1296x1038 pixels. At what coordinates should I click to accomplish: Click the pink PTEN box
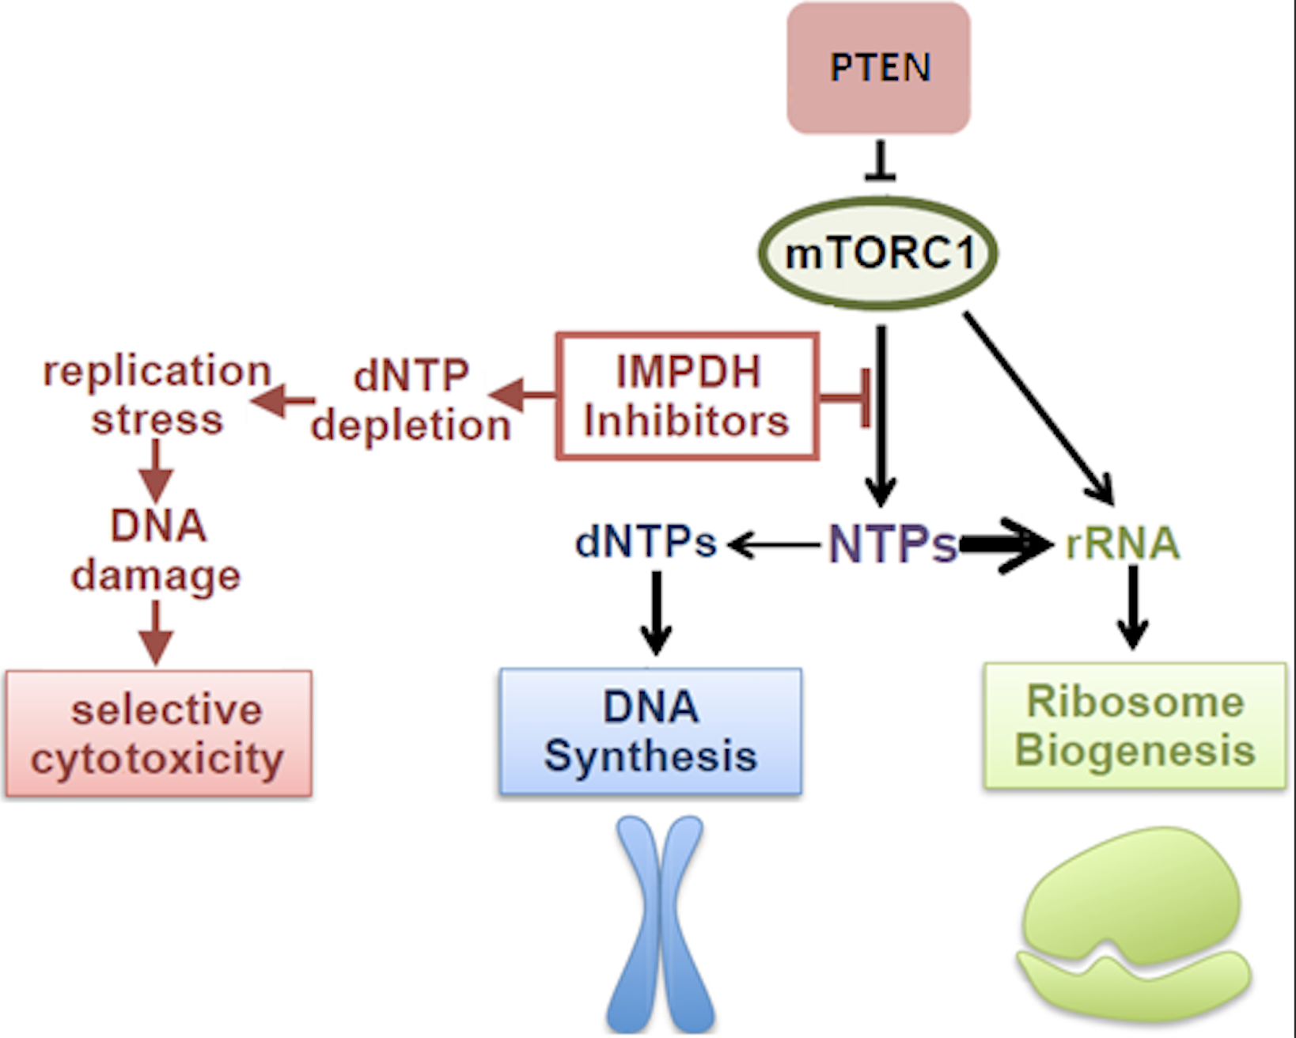tap(878, 68)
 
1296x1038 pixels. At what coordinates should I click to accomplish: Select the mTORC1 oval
tap(878, 253)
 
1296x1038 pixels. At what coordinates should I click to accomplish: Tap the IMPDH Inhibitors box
tap(687, 396)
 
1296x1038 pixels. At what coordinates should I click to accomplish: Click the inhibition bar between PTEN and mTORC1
tap(880, 163)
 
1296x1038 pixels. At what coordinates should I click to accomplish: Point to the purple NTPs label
tap(892, 544)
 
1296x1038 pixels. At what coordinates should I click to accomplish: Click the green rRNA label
tap(1122, 544)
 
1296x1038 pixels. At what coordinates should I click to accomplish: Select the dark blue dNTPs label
tap(646, 543)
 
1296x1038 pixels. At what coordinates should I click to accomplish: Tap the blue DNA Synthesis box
tap(650, 731)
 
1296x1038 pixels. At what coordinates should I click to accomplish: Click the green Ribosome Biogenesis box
tap(1135, 726)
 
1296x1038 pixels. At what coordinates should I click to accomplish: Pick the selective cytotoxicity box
tap(158, 733)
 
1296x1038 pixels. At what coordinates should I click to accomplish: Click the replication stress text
tap(157, 395)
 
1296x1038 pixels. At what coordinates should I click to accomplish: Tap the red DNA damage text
tap(157, 551)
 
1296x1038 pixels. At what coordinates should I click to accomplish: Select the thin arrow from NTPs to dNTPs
tap(774, 544)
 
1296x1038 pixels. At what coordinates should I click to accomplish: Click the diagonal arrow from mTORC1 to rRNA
tap(1038, 407)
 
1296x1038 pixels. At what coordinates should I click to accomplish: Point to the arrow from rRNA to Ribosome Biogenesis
tap(1133, 606)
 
